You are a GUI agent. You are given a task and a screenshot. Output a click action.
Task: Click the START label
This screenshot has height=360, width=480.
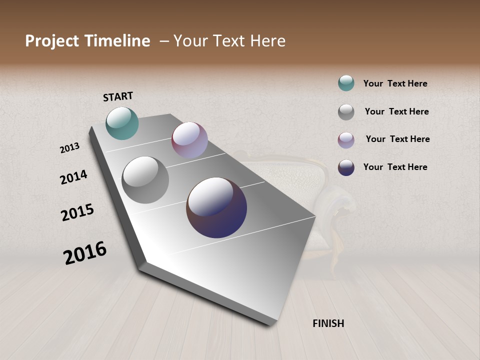(118, 96)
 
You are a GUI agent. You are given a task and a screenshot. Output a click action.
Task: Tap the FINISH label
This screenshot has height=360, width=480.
(328, 323)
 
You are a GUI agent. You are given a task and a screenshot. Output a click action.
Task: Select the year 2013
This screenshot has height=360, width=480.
(69, 148)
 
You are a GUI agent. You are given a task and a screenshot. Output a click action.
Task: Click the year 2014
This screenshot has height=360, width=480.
(73, 177)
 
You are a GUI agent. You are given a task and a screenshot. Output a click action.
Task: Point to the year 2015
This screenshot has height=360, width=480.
(77, 212)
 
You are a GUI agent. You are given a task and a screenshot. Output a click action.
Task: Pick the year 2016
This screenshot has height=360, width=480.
(85, 253)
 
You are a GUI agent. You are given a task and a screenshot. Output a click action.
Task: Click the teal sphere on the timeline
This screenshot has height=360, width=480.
(122, 123)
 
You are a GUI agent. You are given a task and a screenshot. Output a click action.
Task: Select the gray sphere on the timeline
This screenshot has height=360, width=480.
(145, 180)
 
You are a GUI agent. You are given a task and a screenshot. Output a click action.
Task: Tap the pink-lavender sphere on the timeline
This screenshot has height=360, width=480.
(189, 140)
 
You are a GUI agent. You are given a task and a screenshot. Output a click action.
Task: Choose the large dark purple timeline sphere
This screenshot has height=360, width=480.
(216, 207)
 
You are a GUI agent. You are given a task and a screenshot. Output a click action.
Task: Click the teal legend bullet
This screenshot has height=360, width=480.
(346, 83)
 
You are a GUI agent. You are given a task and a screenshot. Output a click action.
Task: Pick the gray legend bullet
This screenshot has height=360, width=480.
(346, 111)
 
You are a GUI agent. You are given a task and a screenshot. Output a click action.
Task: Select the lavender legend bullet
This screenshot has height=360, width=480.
(346, 139)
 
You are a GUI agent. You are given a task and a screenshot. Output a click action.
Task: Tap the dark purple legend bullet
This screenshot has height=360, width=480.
(346, 167)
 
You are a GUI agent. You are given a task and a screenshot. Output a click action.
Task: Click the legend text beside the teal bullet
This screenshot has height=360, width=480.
(395, 83)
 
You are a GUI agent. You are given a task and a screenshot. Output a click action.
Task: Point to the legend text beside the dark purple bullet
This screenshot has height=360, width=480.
(395, 167)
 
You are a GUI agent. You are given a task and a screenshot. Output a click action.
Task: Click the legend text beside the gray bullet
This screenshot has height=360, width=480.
(396, 111)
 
